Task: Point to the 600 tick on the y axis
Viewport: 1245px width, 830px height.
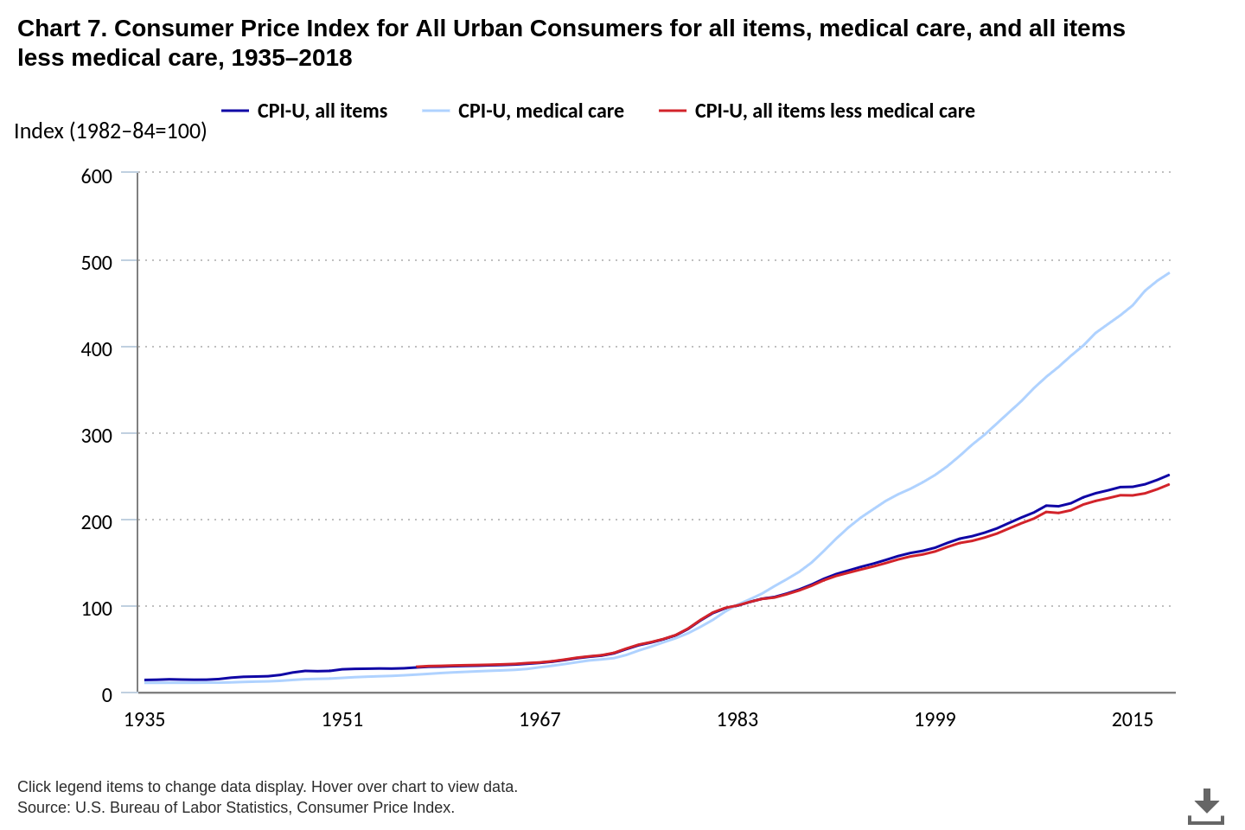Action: click(x=97, y=176)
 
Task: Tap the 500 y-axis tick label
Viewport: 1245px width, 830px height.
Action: click(x=97, y=263)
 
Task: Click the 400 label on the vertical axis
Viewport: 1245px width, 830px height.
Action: click(x=97, y=349)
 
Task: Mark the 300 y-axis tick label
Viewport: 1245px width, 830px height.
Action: click(x=97, y=436)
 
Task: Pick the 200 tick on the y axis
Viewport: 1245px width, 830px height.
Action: click(x=97, y=522)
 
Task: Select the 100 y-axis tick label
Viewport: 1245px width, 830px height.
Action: click(x=97, y=609)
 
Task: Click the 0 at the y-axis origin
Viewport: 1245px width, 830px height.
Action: click(x=107, y=695)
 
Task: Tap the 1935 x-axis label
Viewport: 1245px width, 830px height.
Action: click(x=144, y=719)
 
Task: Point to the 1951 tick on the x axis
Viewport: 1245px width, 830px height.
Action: click(x=342, y=719)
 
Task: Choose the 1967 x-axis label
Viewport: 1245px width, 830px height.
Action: click(x=539, y=719)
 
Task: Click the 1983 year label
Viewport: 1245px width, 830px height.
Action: click(x=737, y=719)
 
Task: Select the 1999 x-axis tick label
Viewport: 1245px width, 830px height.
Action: click(x=935, y=719)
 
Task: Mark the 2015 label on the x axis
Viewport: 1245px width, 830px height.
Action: click(x=1133, y=719)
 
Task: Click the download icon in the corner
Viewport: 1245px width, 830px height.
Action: click(x=1206, y=806)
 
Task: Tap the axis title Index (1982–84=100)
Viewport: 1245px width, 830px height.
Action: click(x=111, y=131)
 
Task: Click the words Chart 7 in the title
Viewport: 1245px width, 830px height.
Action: click(x=61, y=29)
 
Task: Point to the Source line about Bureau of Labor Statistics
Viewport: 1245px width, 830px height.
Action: click(x=236, y=808)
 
